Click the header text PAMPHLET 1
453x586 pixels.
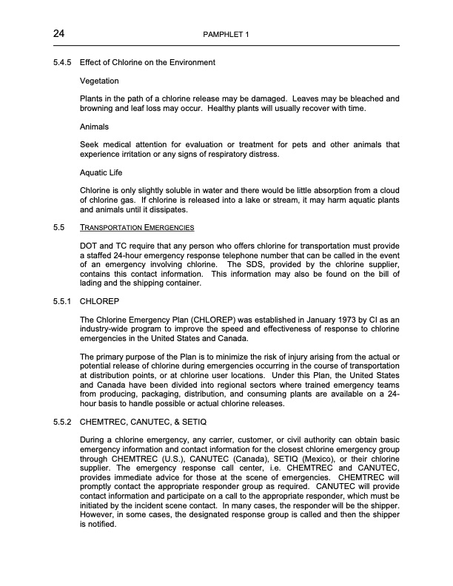(x=226, y=35)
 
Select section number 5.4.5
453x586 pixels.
(x=61, y=62)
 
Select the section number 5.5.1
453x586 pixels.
(x=61, y=301)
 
